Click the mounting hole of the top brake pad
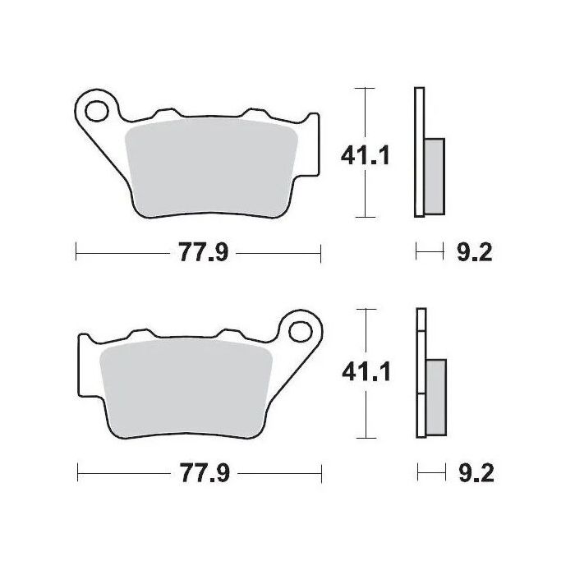tap(97, 108)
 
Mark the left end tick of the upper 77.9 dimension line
tap(76, 253)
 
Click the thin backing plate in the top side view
tap(420, 152)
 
